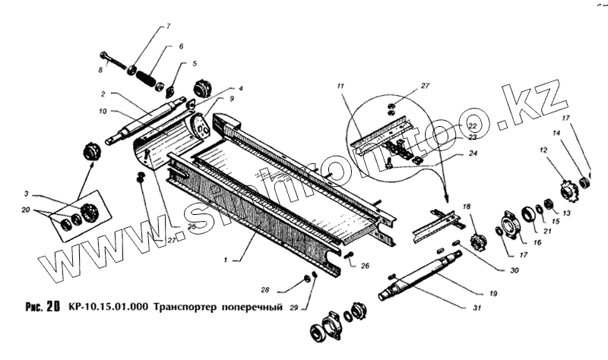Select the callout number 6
(x=181, y=46)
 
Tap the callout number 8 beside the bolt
(x=100, y=71)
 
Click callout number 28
(x=264, y=290)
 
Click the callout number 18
(x=467, y=207)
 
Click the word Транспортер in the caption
(x=185, y=308)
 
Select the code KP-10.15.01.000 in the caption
(x=109, y=308)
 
